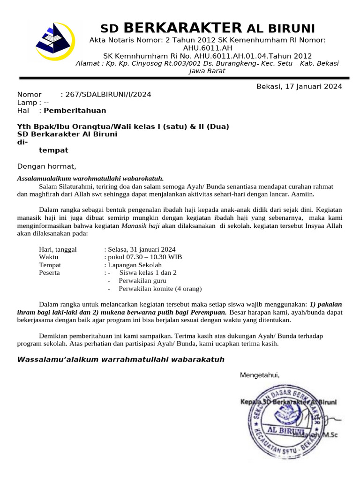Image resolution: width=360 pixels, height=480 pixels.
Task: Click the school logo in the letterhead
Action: [x=55, y=41]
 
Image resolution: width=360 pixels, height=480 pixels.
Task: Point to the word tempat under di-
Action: [x=53, y=150]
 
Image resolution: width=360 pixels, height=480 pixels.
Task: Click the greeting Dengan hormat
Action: [x=46, y=166]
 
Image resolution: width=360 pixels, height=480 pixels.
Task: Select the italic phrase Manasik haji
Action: [x=141, y=225]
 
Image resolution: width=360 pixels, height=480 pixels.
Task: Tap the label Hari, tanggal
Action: [x=58, y=249]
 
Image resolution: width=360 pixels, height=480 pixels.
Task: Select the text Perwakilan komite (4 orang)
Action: [x=160, y=288]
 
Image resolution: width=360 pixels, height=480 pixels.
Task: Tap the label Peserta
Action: [x=49, y=272]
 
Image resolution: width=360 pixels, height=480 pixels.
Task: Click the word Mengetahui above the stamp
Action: [x=260, y=375]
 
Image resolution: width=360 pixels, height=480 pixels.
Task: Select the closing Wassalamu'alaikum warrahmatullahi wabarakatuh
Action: [x=121, y=360]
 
